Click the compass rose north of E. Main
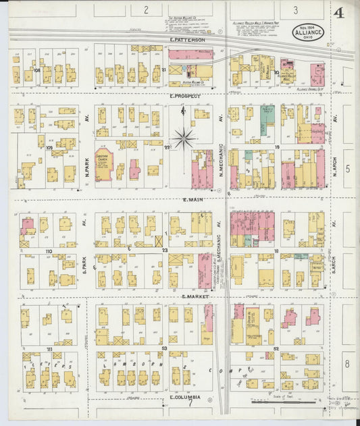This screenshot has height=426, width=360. pos(182,139)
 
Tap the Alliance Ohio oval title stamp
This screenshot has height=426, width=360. pos(309,32)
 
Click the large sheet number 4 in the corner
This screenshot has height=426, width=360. pos(338,13)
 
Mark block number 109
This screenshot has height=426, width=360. pos(49,147)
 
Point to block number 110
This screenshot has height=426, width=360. pos(49,251)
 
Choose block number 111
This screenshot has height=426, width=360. pos(49,348)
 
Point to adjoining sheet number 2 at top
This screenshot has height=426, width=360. pos(145,10)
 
